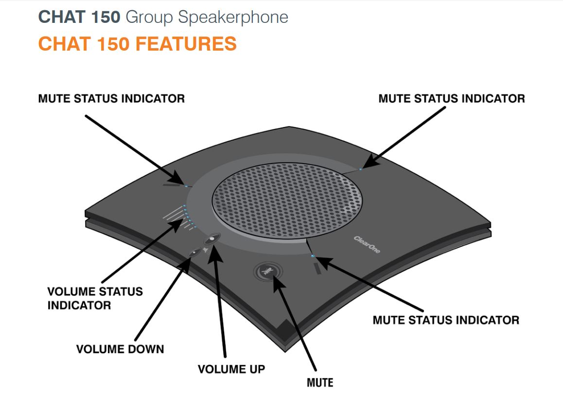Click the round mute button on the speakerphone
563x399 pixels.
(268, 271)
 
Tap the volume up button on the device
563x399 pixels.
(212, 239)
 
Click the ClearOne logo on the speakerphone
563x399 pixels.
(367, 244)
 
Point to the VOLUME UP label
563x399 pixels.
(231, 369)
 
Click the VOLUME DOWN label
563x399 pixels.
(120, 349)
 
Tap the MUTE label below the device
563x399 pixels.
(320, 382)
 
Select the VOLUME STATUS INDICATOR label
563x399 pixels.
(95, 298)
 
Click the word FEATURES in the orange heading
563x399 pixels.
(186, 44)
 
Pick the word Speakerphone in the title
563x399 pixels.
(233, 18)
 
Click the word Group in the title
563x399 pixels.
(149, 18)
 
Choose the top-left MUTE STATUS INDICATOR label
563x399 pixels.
(111, 98)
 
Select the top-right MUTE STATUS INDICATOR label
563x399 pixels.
(452, 98)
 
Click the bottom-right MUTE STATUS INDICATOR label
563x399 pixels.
(446, 320)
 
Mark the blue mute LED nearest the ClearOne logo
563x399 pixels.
(313, 255)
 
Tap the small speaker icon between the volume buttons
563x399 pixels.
(205, 250)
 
